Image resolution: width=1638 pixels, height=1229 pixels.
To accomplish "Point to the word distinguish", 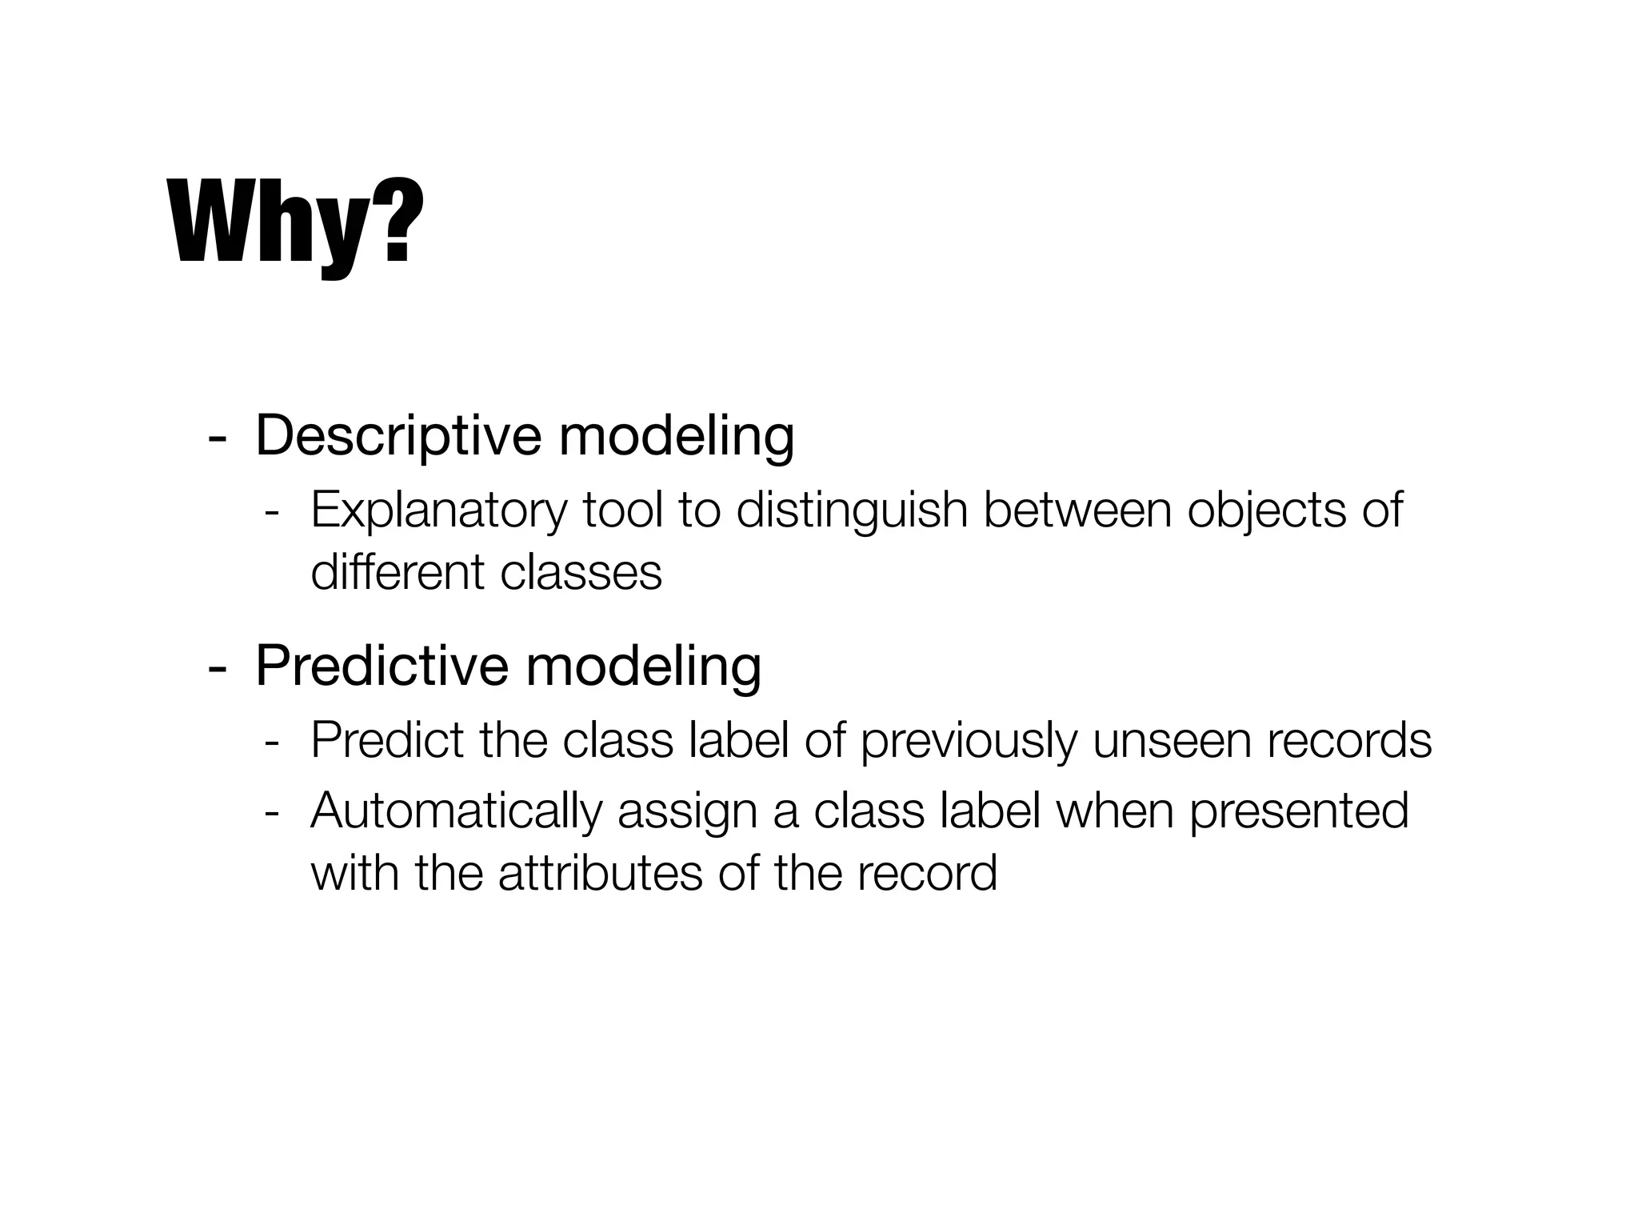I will point(851,510).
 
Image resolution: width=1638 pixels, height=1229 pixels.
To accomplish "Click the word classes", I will point(581,573).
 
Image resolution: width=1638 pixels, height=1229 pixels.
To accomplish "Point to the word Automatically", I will point(456,811).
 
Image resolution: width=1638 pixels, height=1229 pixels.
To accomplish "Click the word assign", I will point(687,811).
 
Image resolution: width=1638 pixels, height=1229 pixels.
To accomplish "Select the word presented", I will point(1299,811).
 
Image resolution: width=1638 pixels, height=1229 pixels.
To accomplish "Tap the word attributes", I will point(600,873).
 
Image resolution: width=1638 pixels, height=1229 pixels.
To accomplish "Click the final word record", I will point(927,873).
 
